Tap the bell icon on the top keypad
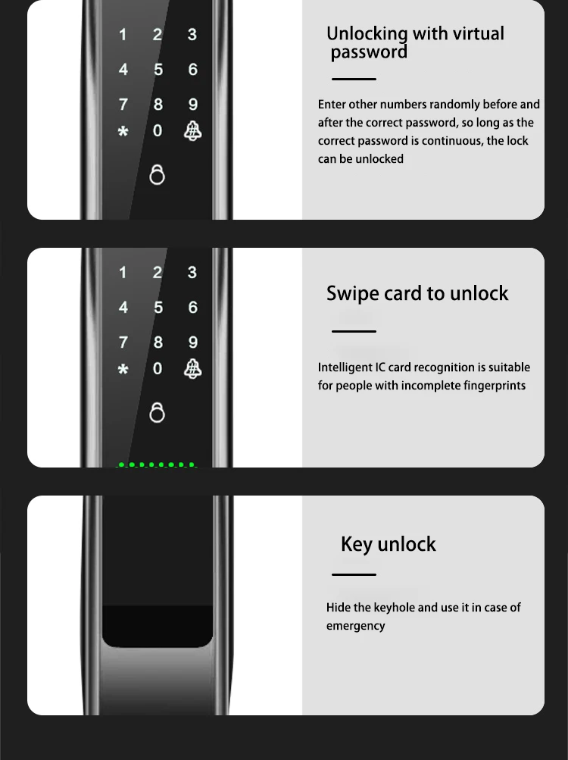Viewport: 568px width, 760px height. pos(193,131)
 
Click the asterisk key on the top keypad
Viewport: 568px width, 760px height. pos(123,131)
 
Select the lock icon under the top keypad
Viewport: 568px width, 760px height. pos(157,174)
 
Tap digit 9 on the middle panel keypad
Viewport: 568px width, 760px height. pos(193,342)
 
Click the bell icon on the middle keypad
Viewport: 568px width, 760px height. pos(193,369)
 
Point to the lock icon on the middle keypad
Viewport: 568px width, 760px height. pos(157,412)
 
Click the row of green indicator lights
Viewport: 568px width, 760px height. pos(157,464)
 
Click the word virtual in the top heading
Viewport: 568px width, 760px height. pos(479,34)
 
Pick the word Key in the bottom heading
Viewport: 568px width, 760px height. pos(357,545)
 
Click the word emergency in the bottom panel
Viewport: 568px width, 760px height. pos(356,626)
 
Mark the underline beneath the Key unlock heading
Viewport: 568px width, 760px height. pos(354,574)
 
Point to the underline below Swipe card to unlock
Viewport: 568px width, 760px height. pos(354,331)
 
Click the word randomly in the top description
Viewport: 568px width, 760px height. pos(449,105)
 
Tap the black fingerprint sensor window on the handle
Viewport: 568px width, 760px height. pos(158,626)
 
